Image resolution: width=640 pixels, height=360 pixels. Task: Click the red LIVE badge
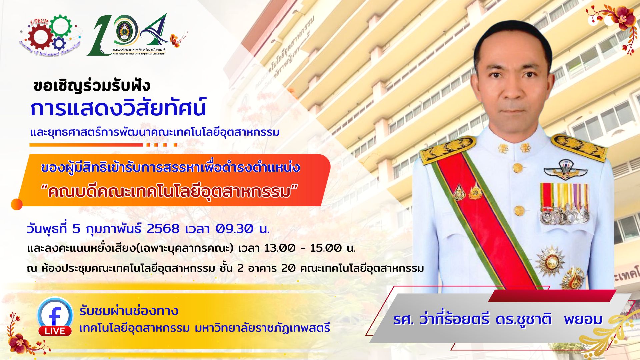tap(55, 331)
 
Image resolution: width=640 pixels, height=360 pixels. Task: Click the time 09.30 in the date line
tap(234, 229)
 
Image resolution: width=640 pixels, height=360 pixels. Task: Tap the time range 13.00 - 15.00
tap(304, 248)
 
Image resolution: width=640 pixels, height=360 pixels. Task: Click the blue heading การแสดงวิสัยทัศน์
tap(118, 107)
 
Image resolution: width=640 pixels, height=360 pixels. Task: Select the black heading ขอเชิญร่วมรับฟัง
tap(92, 86)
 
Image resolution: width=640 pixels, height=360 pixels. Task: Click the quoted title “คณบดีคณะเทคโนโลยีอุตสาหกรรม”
tap(169, 192)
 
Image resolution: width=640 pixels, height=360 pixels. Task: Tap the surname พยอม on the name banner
tap(583, 319)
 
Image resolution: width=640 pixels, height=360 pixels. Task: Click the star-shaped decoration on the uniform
tap(550, 261)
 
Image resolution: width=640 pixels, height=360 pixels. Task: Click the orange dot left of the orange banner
tap(17, 204)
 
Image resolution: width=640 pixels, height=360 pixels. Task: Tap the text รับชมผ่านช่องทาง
tap(129, 311)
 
